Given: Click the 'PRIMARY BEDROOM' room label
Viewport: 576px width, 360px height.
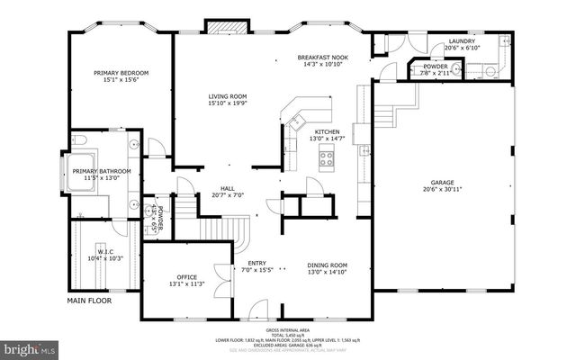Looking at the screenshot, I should coord(121,73).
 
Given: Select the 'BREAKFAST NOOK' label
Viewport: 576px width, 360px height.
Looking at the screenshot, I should coord(322,58).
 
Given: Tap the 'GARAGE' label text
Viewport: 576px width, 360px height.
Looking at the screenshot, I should coord(441,181).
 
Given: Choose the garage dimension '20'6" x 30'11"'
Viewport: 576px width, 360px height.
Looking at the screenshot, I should coord(441,189).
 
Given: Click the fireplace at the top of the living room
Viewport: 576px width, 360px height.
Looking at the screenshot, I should coord(220,27).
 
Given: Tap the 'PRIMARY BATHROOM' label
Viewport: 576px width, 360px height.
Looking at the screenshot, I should coord(102,171).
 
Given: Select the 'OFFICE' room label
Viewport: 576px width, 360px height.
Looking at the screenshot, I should coord(186,276).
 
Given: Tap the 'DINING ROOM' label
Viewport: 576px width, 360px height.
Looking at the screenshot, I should coord(327,265).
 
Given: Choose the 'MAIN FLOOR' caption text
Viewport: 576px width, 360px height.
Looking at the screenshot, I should coord(89,301).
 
